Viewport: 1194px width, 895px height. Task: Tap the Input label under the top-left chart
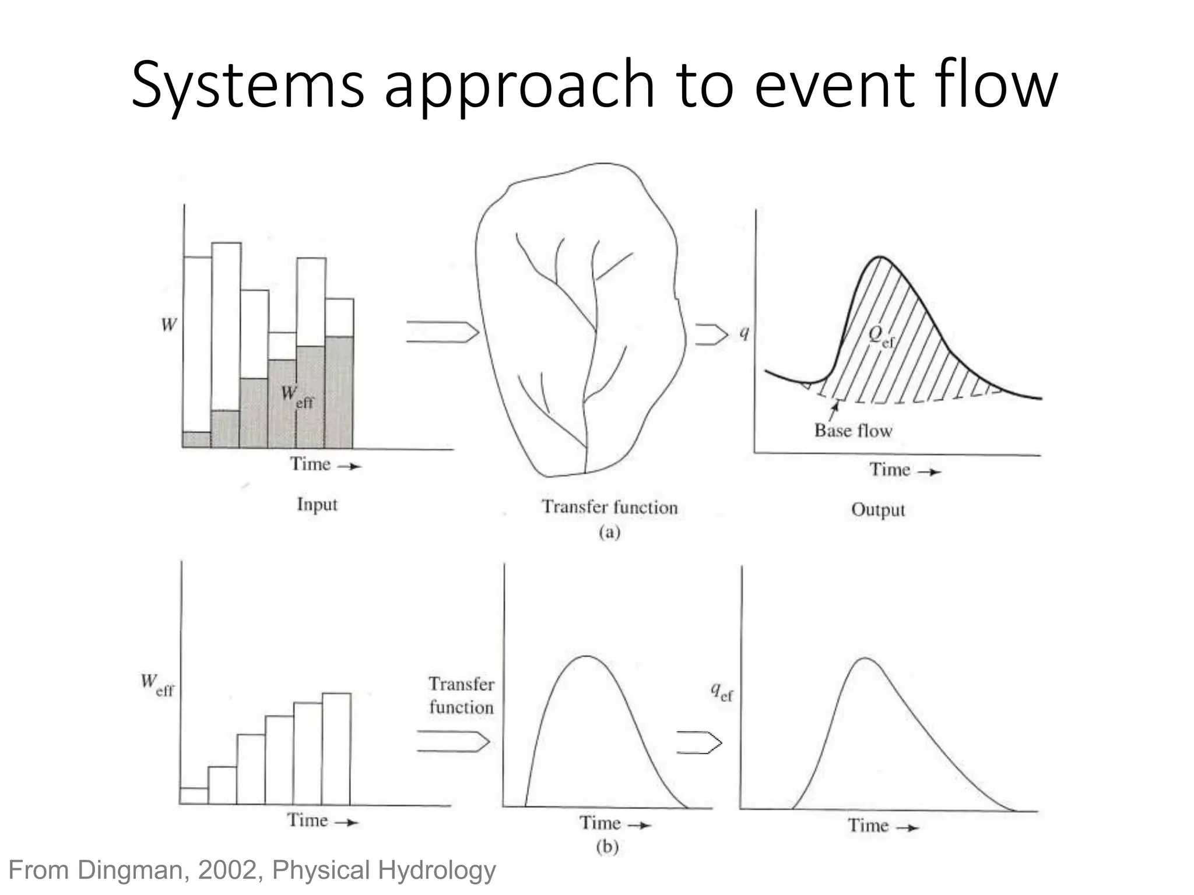317,504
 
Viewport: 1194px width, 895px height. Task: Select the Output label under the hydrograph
878,510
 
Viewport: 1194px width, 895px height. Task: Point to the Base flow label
853,431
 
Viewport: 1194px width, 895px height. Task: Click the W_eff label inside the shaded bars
297,396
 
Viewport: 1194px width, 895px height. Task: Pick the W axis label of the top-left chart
168,325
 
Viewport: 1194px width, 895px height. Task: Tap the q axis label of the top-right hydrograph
744,333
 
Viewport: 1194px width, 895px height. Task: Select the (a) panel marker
609,532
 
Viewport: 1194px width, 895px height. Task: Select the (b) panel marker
607,846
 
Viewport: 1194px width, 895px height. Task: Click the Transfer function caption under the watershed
610,507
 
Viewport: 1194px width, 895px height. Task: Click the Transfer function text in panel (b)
461,695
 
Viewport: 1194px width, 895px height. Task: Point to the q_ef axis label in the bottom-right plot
721,692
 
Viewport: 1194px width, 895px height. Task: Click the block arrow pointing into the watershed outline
442,332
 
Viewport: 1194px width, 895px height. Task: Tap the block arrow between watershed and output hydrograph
711,334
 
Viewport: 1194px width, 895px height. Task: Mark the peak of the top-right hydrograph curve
880,257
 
